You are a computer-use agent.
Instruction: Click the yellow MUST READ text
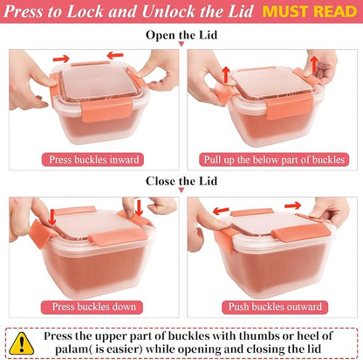point(310,11)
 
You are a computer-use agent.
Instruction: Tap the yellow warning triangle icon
point(22,343)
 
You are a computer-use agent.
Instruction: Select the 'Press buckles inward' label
point(92,160)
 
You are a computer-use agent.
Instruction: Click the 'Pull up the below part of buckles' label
point(274,160)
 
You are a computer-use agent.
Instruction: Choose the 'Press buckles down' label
point(92,307)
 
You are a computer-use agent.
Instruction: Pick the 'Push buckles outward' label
point(275,307)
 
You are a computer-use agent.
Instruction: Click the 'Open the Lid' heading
point(181,35)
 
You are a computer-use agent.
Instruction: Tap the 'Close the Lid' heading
point(181,181)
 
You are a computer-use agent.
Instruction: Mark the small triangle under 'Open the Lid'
point(181,44)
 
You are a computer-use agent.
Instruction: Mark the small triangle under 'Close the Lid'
point(181,190)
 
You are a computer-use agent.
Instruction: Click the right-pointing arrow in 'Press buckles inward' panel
point(61,59)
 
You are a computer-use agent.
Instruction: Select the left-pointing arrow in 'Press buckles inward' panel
point(115,55)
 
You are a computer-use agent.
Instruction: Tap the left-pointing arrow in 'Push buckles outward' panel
point(221,211)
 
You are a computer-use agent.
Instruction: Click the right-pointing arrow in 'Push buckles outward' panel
point(292,205)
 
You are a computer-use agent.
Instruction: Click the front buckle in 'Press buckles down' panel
point(119,237)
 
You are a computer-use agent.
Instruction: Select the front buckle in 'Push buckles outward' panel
point(301,234)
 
